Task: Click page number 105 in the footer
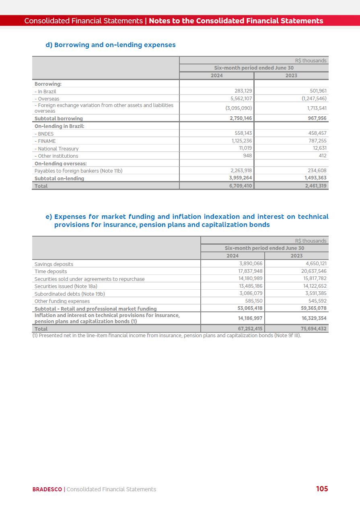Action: tap(322, 488)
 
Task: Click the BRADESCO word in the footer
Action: tap(47, 489)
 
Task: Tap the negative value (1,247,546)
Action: tap(314, 99)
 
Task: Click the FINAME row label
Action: tap(45, 141)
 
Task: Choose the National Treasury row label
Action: tap(56, 149)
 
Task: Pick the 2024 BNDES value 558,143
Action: tap(243, 134)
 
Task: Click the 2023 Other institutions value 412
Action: tap(322, 156)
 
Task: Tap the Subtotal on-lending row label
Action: tap(59, 179)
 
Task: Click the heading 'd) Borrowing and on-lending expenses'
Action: tap(111, 45)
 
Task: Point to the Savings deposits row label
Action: tap(54, 264)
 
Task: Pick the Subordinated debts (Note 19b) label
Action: tap(70, 294)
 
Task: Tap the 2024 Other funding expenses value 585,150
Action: tap(253, 301)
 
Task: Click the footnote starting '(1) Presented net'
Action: tap(167, 335)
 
